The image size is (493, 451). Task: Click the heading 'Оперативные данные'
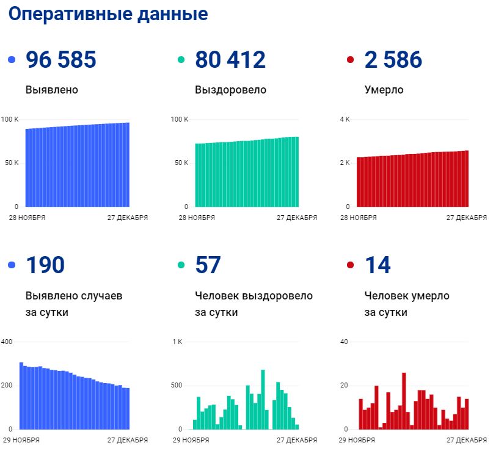(x=109, y=15)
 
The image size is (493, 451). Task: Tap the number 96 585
(x=61, y=60)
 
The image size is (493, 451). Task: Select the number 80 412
(x=230, y=60)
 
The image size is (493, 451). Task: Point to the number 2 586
(x=393, y=60)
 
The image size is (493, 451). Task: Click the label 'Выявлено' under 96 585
(x=52, y=90)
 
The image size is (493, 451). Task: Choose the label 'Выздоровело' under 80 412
(x=230, y=90)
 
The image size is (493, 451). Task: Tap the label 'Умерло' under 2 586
(x=384, y=90)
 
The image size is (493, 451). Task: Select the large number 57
(x=208, y=265)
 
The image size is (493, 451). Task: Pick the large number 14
(x=377, y=265)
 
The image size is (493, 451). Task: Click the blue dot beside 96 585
(x=12, y=61)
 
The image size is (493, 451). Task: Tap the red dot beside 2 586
(x=350, y=61)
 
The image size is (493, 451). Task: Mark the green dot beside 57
(x=181, y=265)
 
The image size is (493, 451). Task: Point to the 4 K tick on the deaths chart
(x=345, y=119)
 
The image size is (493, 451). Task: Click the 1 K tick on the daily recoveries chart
(x=177, y=341)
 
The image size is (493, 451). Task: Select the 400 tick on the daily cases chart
(x=7, y=341)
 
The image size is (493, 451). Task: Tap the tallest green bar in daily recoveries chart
(x=263, y=400)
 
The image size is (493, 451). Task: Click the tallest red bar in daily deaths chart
(x=404, y=401)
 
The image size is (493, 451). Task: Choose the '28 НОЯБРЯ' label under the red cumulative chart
(x=357, y=218)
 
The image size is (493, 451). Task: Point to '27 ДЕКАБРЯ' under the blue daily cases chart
(x=128, y=440)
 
